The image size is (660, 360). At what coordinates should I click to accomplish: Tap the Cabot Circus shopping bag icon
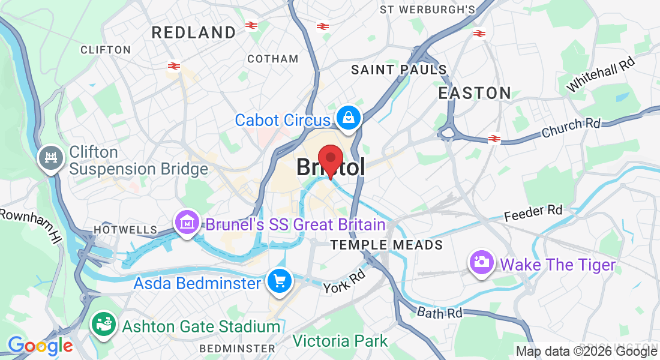(x=348, y=118)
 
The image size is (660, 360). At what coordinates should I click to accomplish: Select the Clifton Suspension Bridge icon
(x=50, y=159)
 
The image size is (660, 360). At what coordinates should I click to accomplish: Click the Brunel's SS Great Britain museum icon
(x=187, y=223)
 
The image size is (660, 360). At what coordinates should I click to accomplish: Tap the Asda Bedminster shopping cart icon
(x=279, y=281)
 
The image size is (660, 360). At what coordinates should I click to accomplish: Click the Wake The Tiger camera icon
(x=482, y=262)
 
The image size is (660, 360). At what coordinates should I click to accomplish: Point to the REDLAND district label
(x=194, y=32)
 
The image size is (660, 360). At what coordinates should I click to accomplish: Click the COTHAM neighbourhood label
(x=273, y=59)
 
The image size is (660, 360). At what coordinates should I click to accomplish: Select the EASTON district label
(x=475, y=93)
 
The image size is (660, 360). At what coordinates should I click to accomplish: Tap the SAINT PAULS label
(x=399, y=70)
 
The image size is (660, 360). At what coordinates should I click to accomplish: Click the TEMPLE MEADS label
(x=387, y=245)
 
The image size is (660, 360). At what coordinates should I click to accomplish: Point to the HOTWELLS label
(x=125, y=230)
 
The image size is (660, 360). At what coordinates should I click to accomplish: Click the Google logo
(x=40, y=346)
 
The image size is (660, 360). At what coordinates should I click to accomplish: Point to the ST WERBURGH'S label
(x=427, y=10)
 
